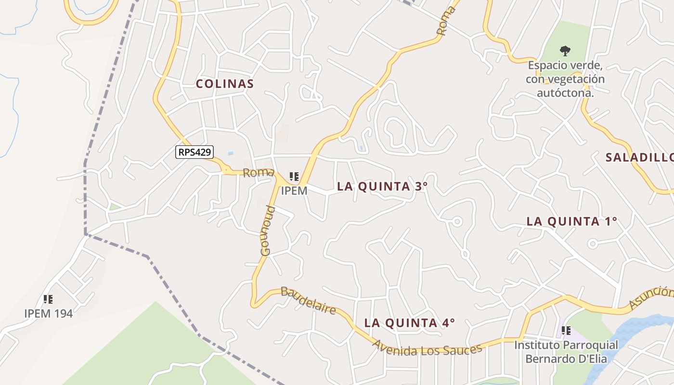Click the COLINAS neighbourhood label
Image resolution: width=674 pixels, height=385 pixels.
click(224, 84)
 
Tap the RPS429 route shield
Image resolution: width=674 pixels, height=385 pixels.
click(194, 152)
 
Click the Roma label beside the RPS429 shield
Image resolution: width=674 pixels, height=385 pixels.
click(259, 173)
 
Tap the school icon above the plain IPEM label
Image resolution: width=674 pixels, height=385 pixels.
click(294, 177)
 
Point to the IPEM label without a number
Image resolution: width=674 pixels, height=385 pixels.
click(294, 191)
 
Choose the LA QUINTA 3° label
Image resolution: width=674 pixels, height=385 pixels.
click(382, 187)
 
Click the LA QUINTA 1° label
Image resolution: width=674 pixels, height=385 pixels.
click(571, 221)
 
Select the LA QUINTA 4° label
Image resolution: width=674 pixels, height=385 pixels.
click(409, 323)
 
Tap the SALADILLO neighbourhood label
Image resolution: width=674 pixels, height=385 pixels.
click(639, 157)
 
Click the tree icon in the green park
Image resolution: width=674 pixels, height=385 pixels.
click(565, 50)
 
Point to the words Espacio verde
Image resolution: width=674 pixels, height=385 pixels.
click(565, 65)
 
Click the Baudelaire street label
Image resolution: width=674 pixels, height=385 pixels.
click(308, 300)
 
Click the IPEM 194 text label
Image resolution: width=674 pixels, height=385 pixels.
click(48, 314)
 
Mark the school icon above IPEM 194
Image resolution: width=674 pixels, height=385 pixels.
click(48, 299)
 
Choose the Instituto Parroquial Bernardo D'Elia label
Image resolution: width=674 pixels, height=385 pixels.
click(566, 352)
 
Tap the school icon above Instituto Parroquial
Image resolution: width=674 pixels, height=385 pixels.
click(566, 331)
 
